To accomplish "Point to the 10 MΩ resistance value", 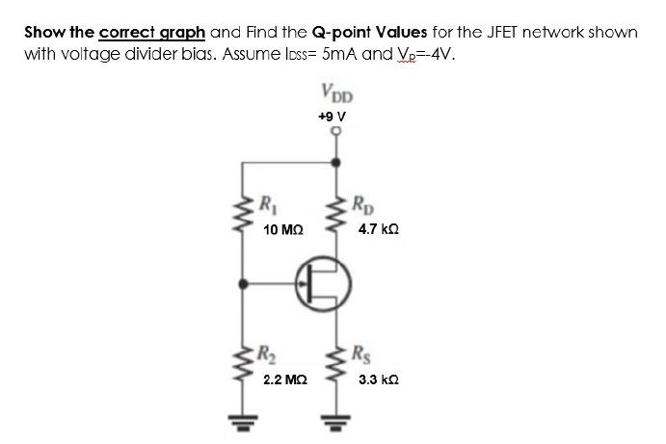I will (283, 231).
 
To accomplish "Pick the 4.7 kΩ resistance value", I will (377, 231).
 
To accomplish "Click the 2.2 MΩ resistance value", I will (284, 380).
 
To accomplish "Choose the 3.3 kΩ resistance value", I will (377, 380).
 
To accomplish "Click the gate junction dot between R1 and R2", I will (241, 283).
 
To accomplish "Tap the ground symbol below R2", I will (241, 423).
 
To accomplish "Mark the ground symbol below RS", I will (336, 423).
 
